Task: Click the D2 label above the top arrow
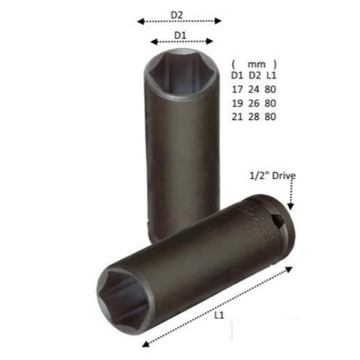pos(177,15)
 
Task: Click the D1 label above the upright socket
pos(180,36)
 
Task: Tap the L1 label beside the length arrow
pos(219,315)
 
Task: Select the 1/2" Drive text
pos(273,176)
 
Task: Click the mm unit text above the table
pos(256,64)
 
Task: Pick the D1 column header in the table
pos(237,75)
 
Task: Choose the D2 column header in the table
pos(255,75)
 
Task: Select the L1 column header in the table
pos(271,75)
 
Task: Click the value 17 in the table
pos(237,89)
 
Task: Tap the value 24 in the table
pos(254,89)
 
